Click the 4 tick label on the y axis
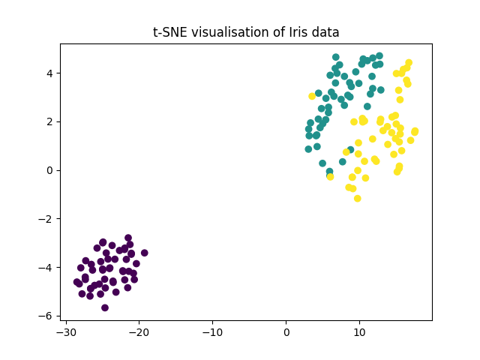coord(50,73)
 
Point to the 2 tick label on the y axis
coord(50,121)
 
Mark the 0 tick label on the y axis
coord(50,170)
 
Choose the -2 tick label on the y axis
coord(47,219)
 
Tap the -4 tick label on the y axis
coord(47,267)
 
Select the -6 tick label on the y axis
coord(47,316)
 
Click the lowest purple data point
coord(105,307)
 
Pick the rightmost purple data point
coord(144,253)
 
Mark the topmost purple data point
coord(128,238)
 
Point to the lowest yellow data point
coord(358,199)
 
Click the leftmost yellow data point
coord(312,96)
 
